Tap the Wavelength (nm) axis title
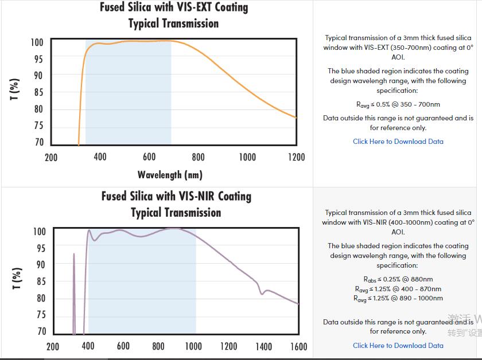tap(170, 174)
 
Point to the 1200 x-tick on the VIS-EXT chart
tap(296, 157)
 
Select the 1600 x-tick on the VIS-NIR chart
tap(298, 346)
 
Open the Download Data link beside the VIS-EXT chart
tap(398, 142)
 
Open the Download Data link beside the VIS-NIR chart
tap(398, 346)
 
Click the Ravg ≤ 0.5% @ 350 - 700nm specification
tap(398, 105)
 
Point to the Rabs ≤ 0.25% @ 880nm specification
tap(398, 280)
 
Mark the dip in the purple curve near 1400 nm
tap(262, 293)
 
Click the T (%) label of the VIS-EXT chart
tap(15, 89)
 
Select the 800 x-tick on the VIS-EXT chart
tap(198, 157)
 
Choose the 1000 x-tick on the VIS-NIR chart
tap(193, 346)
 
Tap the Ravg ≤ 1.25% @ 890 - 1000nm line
tap(398, 299)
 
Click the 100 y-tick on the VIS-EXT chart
tap(37, 42)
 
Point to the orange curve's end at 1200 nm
tap(296, 118)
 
